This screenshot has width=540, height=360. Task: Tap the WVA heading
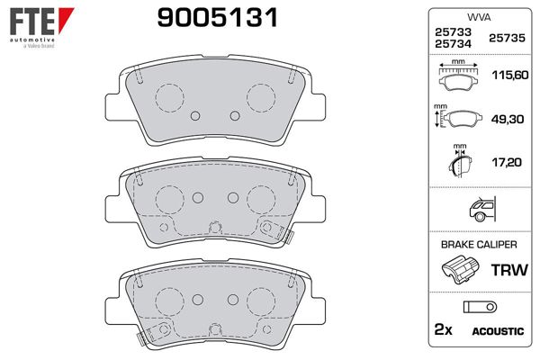coord(478,16)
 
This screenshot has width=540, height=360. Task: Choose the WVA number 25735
coord(505,39)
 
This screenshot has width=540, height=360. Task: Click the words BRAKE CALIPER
coord(478,244)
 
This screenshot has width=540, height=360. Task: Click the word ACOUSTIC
coord(497,332)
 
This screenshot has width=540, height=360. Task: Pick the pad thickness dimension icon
coord(459,161)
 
